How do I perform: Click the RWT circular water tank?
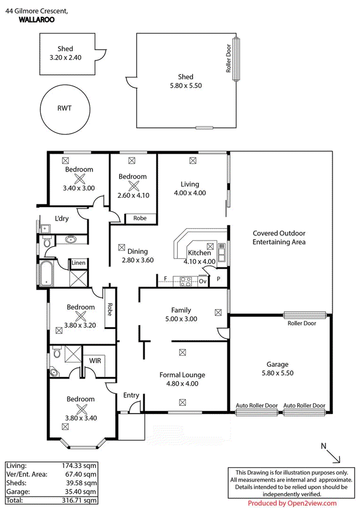pyautogui.click(x=64, y=108)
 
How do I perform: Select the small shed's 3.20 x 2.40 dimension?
pyautogui.click(x=66, y=58)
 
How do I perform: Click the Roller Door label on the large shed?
pyautogui.click(x=228, y=58)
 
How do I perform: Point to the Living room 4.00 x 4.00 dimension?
pyautogui.click(x=190, y=193)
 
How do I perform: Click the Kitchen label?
pyautogui.click(x=200, y=253)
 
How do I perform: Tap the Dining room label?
pyautogui.click(x=137, y=251)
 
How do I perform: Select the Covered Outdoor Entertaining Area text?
pyautogui.click(x=279, y=238)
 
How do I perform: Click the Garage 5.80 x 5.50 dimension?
pyautogui.click(x=277, y=373)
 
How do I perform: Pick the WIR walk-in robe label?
pyautogui.click(x=96, y=360)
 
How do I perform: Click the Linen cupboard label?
pyautogui.click(x=79, y=263)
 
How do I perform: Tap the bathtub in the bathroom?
pyautogui.click(x=47, y=274)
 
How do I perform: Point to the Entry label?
pyautogui.click(x=131, y=395)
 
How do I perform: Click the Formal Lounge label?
pyautogui.click(x=182, y=375)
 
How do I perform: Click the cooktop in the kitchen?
pyautogui.click(x=185, y=281)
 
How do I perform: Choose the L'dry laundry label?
pyautogui.click(x=62, y=219)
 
